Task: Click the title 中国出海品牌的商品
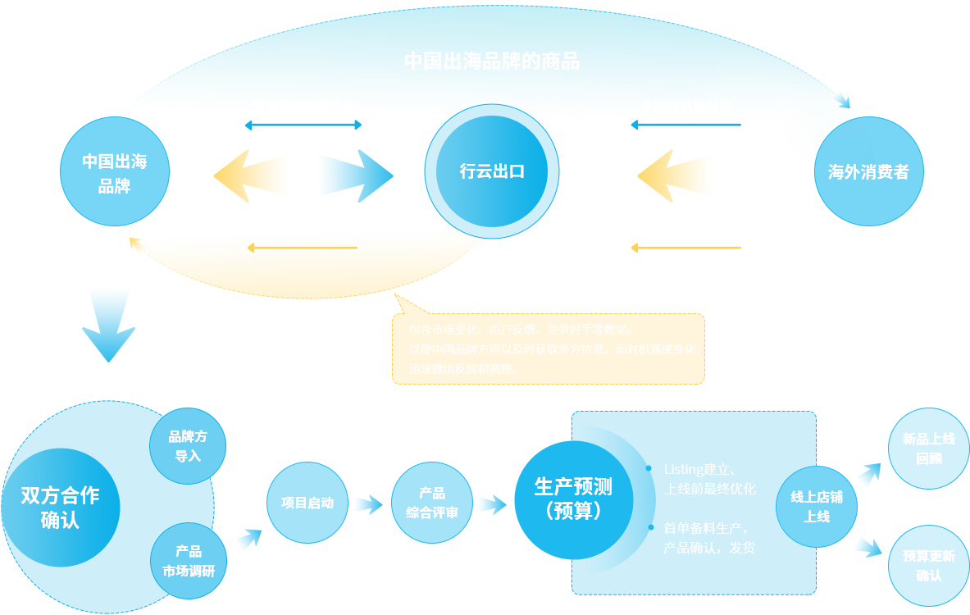492,61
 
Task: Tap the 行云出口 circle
492,171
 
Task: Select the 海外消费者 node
868,172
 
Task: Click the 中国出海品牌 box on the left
115,173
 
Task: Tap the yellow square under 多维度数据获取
674,175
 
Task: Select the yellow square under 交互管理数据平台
250,175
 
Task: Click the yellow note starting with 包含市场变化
548,348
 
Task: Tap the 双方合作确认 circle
60,508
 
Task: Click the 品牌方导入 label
188,446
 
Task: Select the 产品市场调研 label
189,561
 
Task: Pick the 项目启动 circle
307,503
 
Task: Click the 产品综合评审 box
432,503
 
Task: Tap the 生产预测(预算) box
572,499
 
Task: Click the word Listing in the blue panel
684,470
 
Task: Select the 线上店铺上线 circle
816,507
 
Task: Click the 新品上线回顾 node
928,449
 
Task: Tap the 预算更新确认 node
928,566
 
